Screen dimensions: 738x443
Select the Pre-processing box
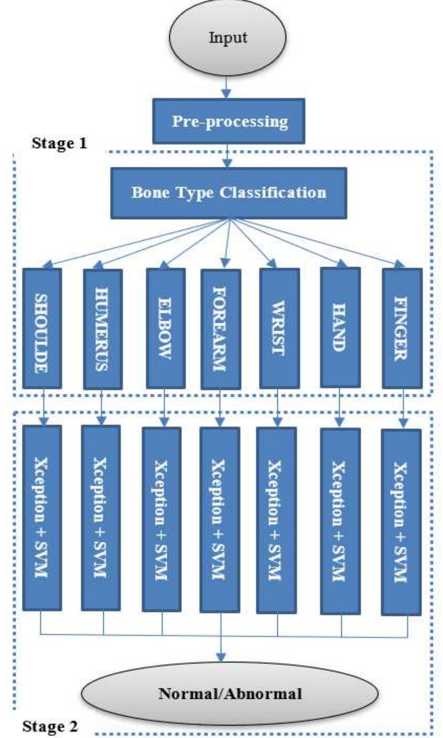pyautogui.click(x=229, y=122)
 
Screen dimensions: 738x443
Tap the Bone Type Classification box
pyautogui.click(x=228, y=192)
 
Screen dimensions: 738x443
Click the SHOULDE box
pyautogui.click(x=42, y=328)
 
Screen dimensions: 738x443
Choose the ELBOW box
pyautogui.click(x=165, y=328)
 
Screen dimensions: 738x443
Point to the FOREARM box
pyautogui.click(x=221, y=329)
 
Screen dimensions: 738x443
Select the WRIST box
pyautogui.click(x=279, y=329)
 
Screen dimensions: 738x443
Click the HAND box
pyautogui.click(x=340, y=328)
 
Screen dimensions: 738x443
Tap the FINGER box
pyautogui.click(x=401, y=328)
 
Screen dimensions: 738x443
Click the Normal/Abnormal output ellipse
pyautogui.click(x=229, y=694)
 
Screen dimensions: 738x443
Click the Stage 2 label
pyautogui.click(x=51, y=725)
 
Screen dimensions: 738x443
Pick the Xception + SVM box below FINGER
pyautogui.click(x=401, y=522)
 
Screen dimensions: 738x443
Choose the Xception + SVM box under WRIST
pyautogui.click(x=277, y=519)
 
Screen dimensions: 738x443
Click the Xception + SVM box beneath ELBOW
pyautogui.click(x=162, y=519)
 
